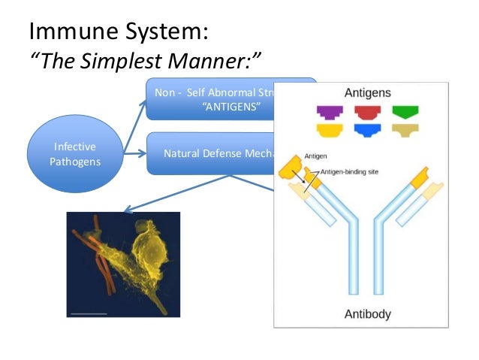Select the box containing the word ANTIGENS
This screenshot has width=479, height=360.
pos(211,99)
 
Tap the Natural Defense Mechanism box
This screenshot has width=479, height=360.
pos(211,153)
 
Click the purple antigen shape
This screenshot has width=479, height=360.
pos(328,113)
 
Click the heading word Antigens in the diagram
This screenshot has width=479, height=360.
pos(366,94)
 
